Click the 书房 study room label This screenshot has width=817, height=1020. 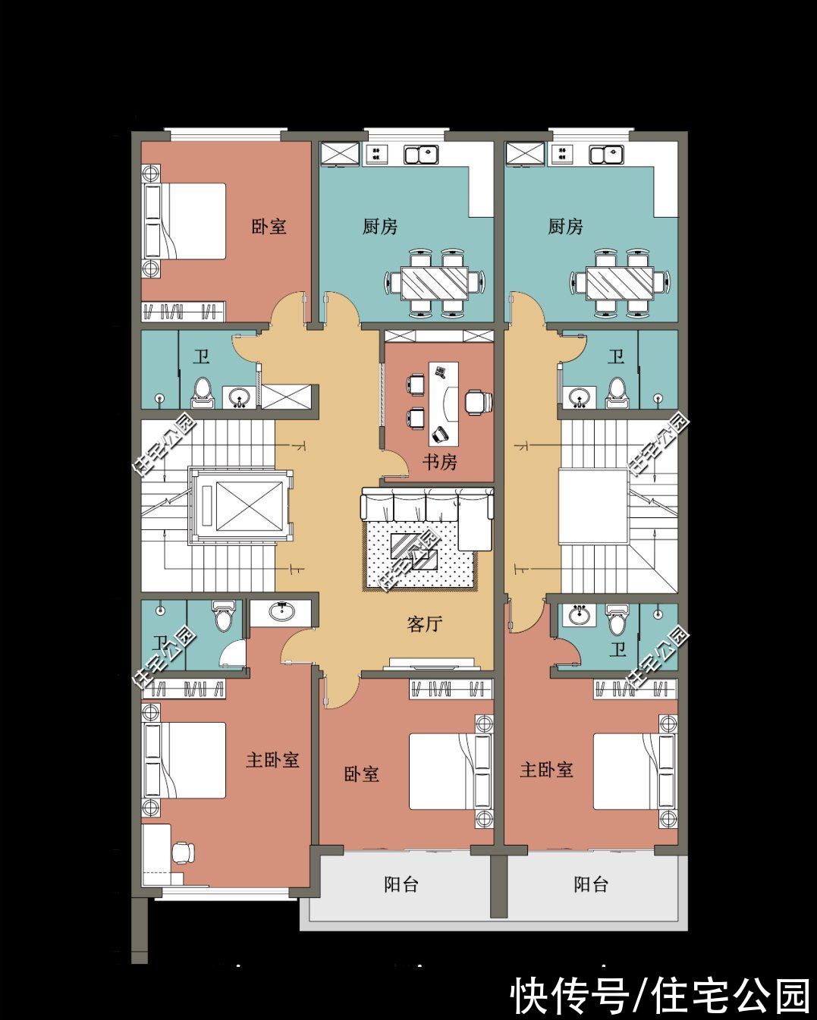(x=440, y=461)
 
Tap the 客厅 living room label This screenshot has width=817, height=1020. (x=425, y=624)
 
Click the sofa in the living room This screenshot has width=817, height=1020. (x=426, y=507)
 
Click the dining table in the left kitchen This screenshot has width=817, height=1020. (x=435, y=283)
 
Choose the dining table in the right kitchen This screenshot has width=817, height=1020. (x=619, y=283)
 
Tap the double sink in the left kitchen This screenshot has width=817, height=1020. (x=422, y=155)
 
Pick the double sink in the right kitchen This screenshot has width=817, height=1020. (x=607, y=155)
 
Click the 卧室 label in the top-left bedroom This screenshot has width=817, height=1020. (x=269, y=226)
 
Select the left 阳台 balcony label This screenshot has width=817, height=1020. (x=401, y=884)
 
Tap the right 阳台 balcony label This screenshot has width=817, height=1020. (x=591, y=884)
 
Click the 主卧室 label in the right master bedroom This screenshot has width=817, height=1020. (x=546, y=770)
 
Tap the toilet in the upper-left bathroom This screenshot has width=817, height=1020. (x=202, y=389)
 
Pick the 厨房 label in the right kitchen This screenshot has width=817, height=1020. (x=566, y=226)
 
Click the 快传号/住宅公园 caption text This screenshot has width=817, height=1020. (x=660, y=995)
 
